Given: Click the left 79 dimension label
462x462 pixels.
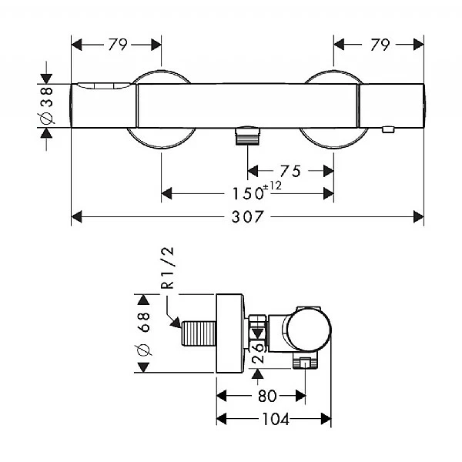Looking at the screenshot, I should [x=117, y=45].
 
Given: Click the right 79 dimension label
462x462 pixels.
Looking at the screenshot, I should [x=379, y=45].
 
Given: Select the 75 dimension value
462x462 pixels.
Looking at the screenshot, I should [x=290, y=171].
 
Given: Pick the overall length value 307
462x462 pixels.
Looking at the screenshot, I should [x=247, y=217].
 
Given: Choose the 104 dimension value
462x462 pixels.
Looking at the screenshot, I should [x=276, y=420].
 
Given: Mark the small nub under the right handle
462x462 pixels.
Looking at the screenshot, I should [x=389, y=130].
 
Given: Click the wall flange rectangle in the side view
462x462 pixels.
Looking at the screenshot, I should [x=229, y=333].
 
